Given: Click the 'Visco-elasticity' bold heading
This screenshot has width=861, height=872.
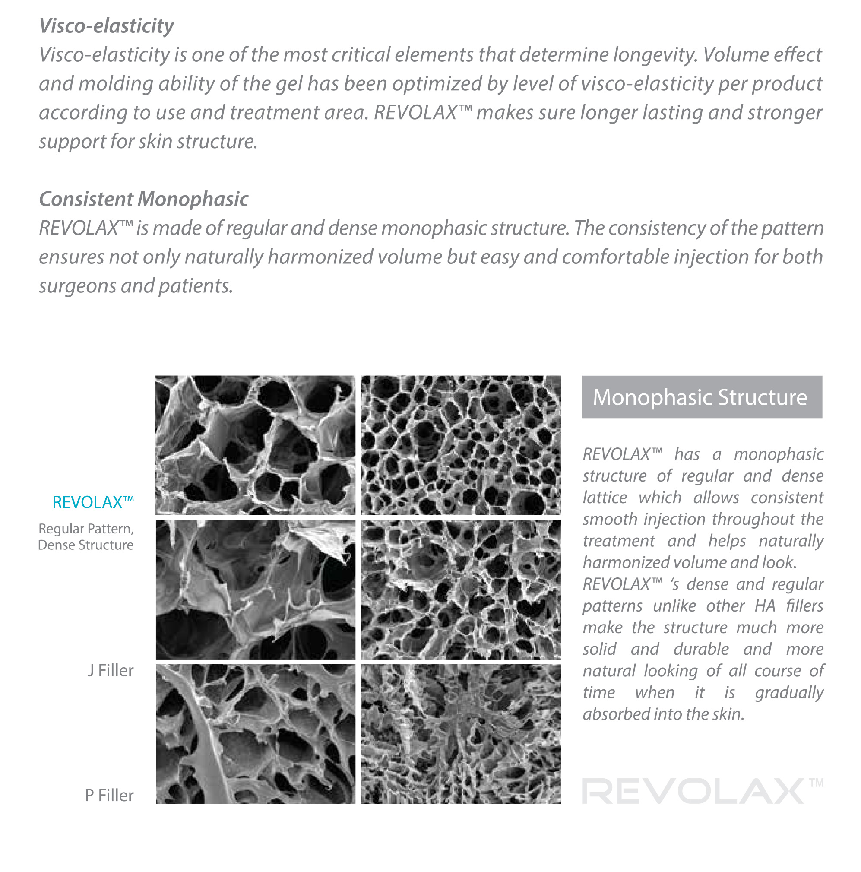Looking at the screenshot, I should coord(107,26).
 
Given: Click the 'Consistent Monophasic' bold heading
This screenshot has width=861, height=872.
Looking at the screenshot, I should coord(143,199).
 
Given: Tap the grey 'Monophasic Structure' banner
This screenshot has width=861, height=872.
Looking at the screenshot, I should coord(702,397).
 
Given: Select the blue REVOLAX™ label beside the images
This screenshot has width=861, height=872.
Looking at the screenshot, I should coord(93,502).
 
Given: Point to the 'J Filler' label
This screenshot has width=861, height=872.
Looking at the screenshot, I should coord(111,671).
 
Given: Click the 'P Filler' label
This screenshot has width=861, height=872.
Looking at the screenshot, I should coord(109,795).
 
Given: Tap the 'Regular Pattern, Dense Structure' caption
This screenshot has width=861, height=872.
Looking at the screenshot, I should coord(86,537).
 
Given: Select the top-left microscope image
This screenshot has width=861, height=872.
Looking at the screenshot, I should coord(255,445).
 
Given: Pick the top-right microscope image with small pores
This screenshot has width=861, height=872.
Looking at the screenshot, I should coord(460,445).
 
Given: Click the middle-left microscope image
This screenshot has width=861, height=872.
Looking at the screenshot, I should coord(255,590).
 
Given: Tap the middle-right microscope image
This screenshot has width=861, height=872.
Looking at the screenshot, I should coord(460,590).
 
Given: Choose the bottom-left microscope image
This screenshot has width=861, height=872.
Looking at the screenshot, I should coord(255,734).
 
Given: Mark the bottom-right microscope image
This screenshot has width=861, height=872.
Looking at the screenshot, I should coord(460,734).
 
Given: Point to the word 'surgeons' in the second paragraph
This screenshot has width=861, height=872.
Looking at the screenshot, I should coord(77,286).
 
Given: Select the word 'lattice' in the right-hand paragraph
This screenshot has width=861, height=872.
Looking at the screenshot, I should coord(605,498).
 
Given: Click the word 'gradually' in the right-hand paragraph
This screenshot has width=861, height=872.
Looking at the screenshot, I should coord(789,692).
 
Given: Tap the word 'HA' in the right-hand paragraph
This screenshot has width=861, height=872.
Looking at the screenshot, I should coord(765,606).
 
